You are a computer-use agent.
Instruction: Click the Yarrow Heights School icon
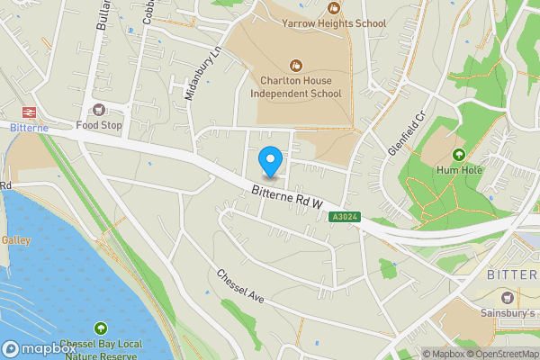[335, 7]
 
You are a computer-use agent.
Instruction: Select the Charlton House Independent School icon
[295, 65]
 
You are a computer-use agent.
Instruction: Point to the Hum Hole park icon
[459, 154]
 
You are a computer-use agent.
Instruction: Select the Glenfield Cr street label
[405, 134]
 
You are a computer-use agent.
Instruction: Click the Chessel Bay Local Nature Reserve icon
[99, 329]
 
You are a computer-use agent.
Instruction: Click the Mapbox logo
[37, 348]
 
